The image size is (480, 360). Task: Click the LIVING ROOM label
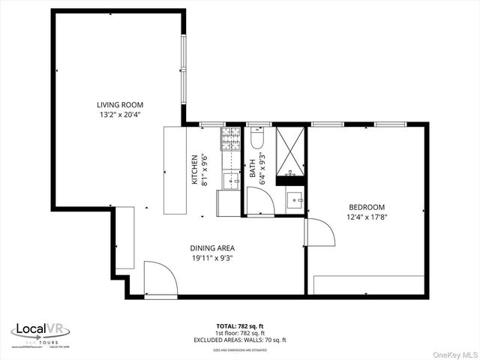click(x=120, y=105)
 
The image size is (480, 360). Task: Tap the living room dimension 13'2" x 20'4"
click(x=120, y=115)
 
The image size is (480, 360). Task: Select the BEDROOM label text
click(x=367, y=208)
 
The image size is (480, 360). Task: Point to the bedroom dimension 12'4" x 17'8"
click(x=367, y=217)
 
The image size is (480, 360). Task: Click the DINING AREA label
click(x=213, y=248)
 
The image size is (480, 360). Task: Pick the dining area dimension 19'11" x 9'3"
click(x=213, y=258)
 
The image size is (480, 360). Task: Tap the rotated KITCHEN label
click(x=195, y=169)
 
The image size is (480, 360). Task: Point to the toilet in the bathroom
click(x=256, y=139)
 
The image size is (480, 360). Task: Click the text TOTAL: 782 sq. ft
click(x=239, y=326)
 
